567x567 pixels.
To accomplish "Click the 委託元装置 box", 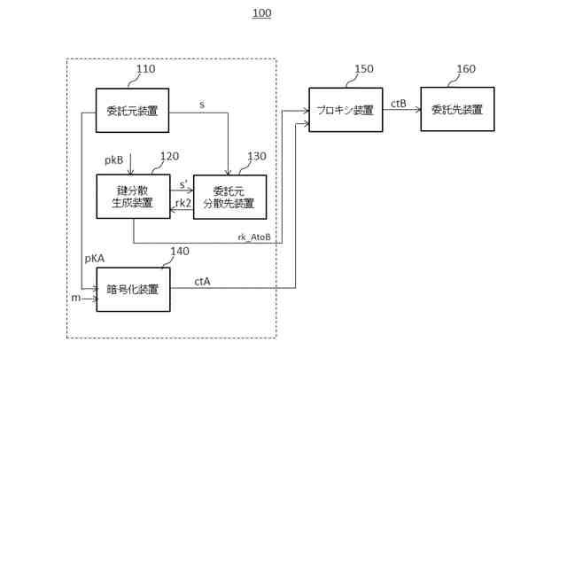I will coord(132,111).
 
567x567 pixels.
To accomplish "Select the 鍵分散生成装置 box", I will coord(133,196).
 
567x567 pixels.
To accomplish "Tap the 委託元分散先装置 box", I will coord(229,197).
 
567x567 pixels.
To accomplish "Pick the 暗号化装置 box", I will coord(133,290).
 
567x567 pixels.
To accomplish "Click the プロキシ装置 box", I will coord(346,110).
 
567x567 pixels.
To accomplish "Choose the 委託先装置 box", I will coord(457,110).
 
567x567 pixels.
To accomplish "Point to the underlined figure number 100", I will coord(261,13).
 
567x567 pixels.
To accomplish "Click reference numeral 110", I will coord(145,69).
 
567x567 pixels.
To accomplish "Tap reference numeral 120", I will coord(169,157).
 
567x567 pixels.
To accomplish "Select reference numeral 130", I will coord(256,157).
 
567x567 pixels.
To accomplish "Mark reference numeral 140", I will coord(179,252).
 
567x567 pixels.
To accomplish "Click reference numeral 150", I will coord(364,69).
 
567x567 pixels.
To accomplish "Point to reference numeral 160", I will coord(465,69).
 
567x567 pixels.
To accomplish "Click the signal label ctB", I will coord(399,104).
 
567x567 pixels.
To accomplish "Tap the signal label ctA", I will coord(202,282).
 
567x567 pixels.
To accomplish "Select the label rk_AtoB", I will coord(254,237).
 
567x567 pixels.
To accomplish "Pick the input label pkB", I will coord(114,160).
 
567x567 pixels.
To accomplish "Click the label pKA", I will coord(95,259).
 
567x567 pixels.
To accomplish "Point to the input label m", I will coord(75,298).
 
